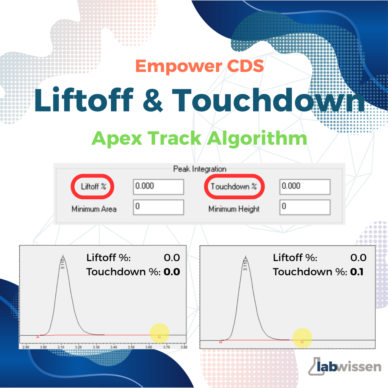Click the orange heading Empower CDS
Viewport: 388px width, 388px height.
point(199,66)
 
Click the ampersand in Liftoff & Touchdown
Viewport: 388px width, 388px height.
point(153,100)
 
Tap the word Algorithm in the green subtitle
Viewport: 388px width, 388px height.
point(257,139)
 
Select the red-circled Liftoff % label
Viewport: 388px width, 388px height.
point(93,186)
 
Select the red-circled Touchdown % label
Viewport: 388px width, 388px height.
point(234,186)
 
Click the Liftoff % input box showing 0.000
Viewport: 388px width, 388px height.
point(158,187)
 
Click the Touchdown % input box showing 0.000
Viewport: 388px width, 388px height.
point(305,187)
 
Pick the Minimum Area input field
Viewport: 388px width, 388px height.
point(158,207)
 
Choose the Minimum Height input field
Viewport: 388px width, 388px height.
point(305,207)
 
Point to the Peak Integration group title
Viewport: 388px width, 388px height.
point(200,169)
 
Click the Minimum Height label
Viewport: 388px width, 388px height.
point(234,209)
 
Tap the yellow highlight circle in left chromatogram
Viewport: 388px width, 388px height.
point(160,333)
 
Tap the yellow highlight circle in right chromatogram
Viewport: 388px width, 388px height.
point(302,338)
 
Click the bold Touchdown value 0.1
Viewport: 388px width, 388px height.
point(357,272)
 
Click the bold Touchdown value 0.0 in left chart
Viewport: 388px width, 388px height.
point(172,272)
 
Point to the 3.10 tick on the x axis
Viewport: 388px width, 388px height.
point(61,347)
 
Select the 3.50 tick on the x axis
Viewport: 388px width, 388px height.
point(131,347)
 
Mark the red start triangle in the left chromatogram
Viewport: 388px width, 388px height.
point(38,336)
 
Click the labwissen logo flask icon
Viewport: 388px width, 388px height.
point(316,366)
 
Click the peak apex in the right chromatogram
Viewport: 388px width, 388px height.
point(246,256)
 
